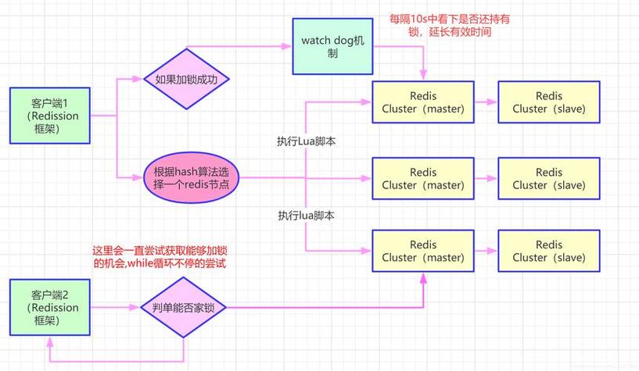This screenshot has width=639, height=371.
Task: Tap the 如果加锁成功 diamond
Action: tap(181, 80)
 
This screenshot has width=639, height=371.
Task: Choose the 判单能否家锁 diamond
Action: tap(183, 308)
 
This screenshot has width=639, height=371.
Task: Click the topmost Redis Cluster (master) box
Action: tap(423, 102)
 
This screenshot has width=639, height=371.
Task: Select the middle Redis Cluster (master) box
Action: tap(423, 179)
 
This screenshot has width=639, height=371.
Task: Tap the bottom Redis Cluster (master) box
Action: tap(423, 251)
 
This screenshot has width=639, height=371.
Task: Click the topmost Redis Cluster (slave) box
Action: tap(548, 102)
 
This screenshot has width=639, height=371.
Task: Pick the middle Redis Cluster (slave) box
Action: tap(548, 179)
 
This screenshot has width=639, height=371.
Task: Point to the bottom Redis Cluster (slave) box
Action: tap(548, 251)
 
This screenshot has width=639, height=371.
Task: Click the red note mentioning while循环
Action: tap(164, 257)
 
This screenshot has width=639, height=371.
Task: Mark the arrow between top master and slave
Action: tap(486, 102)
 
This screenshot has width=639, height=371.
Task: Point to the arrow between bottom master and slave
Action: tap(486, 251)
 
